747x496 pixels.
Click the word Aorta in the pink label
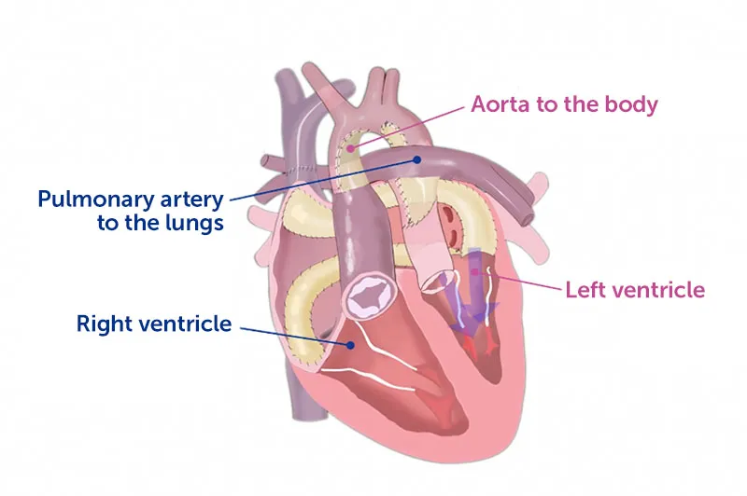pos(500,104)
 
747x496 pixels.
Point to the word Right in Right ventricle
pos(106,324)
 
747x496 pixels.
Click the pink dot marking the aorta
pos(351,148)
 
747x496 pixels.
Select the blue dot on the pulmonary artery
pos(416,159)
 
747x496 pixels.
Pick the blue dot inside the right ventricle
pos(351,345)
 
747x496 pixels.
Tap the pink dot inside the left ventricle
pos(474,272)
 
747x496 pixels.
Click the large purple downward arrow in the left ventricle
pos(474,290)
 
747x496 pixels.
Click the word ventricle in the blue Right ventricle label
pos(185,324)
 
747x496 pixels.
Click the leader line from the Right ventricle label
pos(295,337)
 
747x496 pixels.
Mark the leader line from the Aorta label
pos(407,128)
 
